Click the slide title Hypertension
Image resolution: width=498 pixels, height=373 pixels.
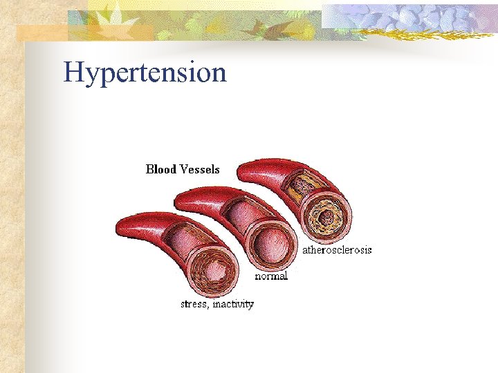(145, 73)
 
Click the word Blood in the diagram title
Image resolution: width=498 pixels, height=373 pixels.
(161, 169)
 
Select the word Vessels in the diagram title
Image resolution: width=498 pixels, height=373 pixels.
(200, 169)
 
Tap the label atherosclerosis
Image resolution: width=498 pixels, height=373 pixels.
(337, 250)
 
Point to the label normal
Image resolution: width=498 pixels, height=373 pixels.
(271, 276)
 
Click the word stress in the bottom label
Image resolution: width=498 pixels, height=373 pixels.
(194, 304)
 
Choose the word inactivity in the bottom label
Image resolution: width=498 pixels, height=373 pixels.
(233, 304)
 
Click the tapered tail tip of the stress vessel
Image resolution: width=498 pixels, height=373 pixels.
(119, 229)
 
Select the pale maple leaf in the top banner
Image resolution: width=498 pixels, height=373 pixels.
(104, 17)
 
